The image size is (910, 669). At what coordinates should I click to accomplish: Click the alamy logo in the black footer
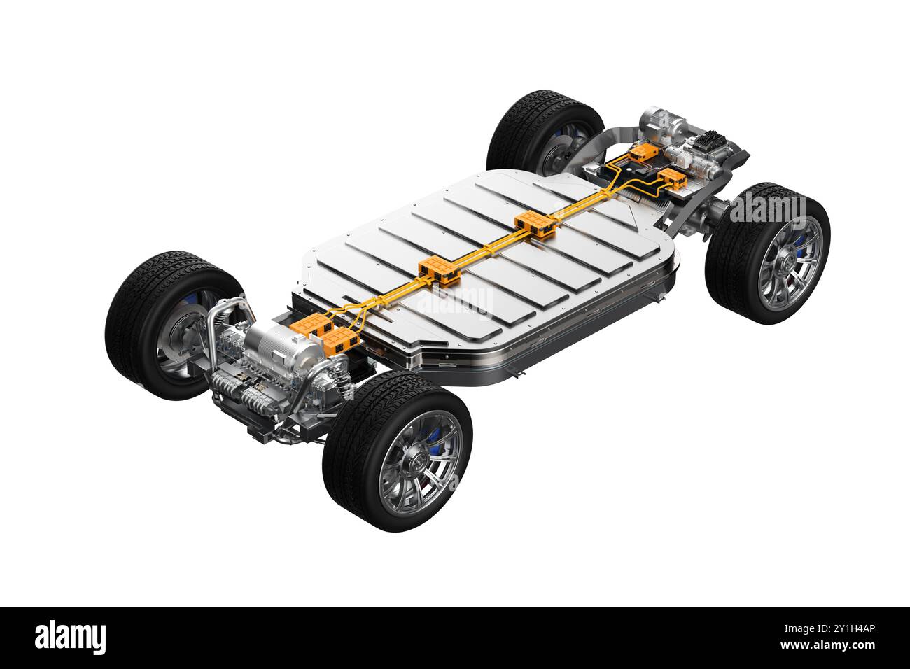(x=70, y=638)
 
